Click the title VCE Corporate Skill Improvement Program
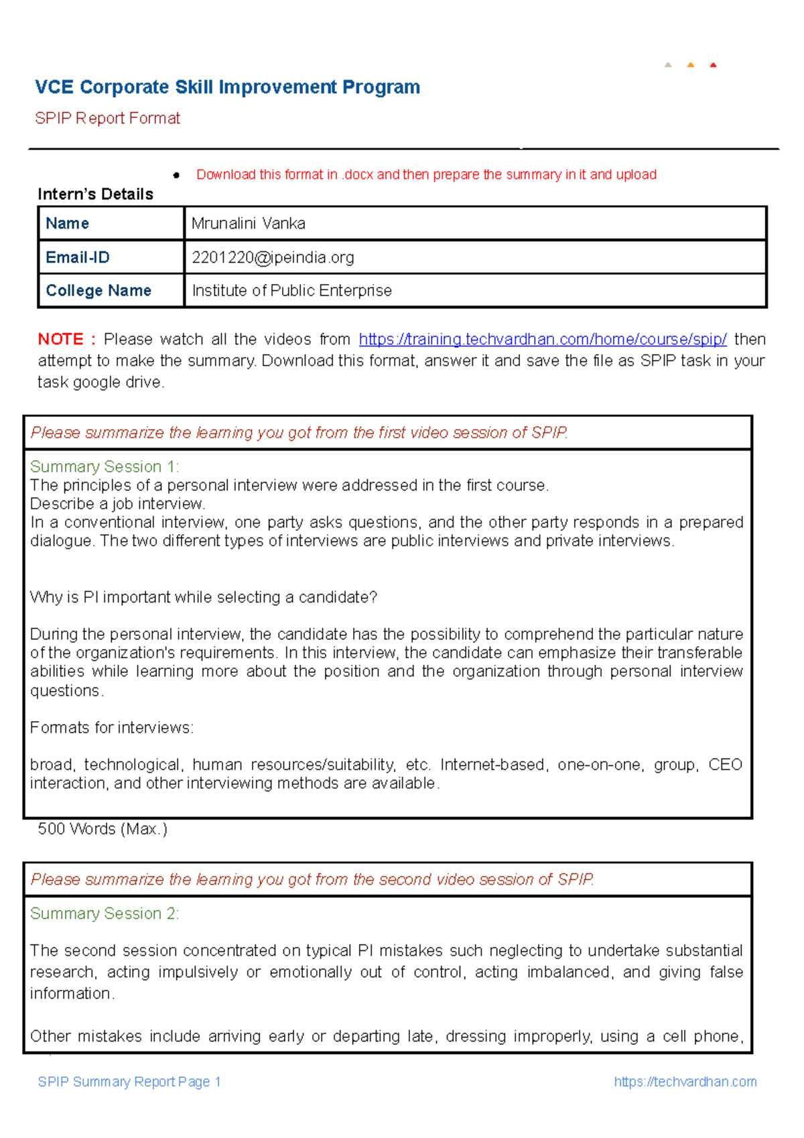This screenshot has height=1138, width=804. (227, 87)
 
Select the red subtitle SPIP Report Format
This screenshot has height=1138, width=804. (107, 119)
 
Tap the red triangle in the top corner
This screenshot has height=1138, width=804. (713, 65)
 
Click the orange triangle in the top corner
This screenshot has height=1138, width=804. (690, 65)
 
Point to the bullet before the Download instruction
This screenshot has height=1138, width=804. (176, 176)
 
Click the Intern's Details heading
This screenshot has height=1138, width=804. (95, 194)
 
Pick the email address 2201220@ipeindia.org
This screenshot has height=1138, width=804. (273, 257)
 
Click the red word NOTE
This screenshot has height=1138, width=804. (61, 339)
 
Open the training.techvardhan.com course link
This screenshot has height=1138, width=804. (542, 339)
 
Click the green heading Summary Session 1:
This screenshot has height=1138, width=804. (105, 466)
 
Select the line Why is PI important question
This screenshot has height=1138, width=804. (204, 597)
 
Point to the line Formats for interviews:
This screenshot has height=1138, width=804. (112, 728)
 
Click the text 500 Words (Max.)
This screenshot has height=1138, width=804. (103, 829)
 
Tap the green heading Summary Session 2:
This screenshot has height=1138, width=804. (105, 913)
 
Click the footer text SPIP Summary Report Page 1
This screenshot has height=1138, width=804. (129, 1082)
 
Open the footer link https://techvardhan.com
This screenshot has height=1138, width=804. (685, 1082)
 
